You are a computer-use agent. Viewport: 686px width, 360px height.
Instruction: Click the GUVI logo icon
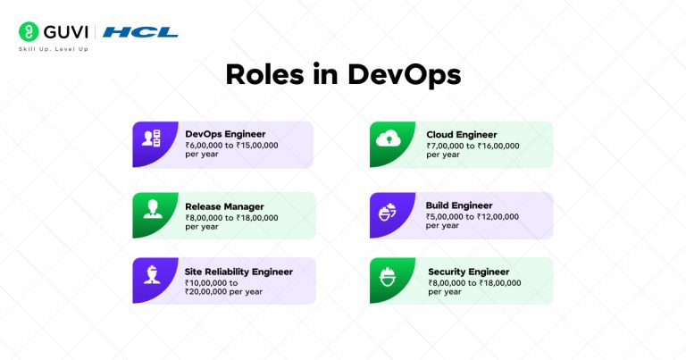point(28,32)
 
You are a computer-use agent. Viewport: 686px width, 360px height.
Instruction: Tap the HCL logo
point(140,32)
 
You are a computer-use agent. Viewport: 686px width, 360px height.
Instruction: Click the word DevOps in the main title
point(405,75)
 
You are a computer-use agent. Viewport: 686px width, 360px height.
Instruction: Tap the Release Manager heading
point(224,205)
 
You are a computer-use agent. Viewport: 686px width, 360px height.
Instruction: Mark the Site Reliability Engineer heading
point(238,271)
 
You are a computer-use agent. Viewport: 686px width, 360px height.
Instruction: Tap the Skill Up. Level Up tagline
point(53,49)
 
